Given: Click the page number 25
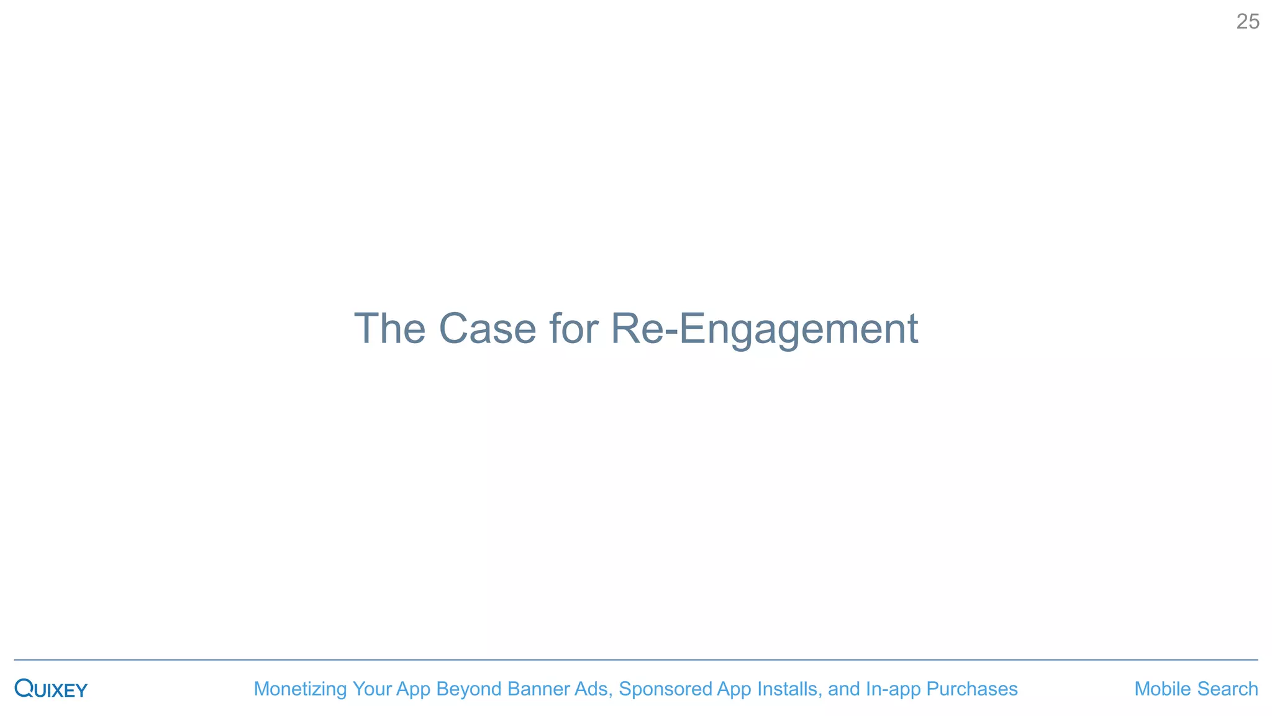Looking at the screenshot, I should coord(1247,22).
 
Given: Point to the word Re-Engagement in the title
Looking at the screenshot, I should coord(764,329).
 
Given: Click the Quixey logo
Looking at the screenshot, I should coord(51,689).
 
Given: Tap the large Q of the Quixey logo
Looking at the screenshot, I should coord(24,688).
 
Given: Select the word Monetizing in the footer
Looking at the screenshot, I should coord(300,689).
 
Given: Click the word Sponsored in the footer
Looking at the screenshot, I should coord(665,689).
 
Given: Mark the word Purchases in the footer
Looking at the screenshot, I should coord(972,689).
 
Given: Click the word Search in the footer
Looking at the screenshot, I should coord(1227,689).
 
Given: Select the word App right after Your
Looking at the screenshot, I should coord(414,689).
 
